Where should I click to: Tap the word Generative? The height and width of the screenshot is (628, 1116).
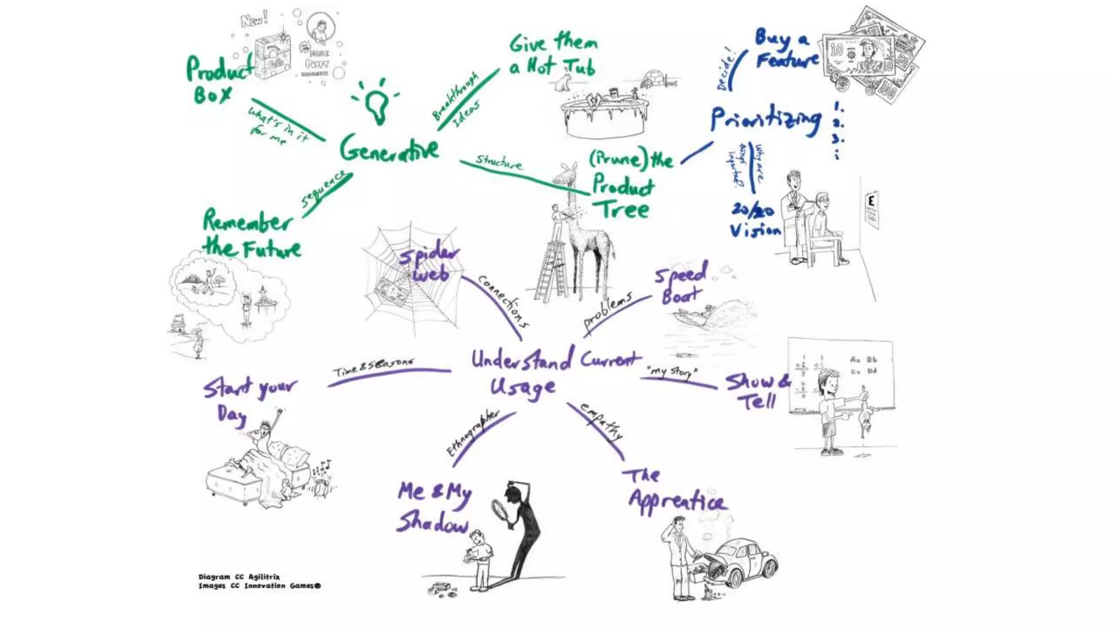389,148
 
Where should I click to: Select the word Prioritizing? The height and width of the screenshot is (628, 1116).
766,120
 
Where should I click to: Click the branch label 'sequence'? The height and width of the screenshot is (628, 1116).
324,188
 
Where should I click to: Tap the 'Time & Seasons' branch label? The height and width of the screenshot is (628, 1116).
374,367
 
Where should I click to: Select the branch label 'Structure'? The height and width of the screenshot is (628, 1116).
499,161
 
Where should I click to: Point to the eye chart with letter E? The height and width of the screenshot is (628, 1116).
872,210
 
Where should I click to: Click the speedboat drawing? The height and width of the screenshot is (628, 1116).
692,316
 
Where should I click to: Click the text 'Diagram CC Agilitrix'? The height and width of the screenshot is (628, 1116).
239,577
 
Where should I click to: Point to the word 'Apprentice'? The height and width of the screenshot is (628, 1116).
677,500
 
